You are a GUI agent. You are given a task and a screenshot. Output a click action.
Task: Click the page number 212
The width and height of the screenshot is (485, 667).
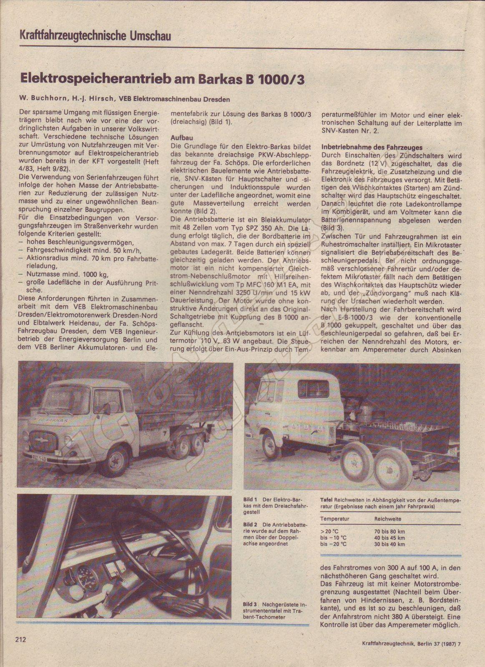[x=21, y=639]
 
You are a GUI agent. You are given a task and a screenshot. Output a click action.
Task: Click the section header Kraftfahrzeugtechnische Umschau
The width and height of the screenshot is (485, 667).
[x=95, y=36]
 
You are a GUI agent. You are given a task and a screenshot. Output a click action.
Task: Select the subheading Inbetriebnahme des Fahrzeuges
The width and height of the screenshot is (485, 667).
[x=372, y=147]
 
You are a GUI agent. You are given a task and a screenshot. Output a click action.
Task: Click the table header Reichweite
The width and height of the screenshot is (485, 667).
[x=388, y=519]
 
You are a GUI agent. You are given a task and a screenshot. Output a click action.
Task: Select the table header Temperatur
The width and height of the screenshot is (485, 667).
[x=335, y=519]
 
